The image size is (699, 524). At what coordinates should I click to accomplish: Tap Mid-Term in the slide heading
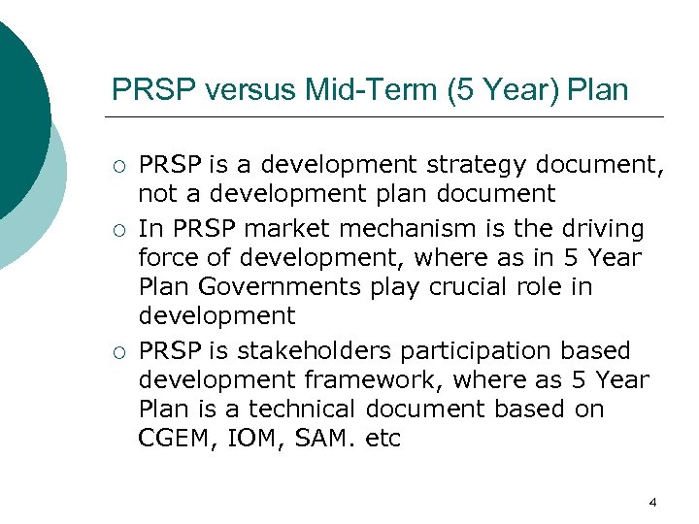click(x=337, y=90)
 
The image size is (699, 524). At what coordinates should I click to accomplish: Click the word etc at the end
click(x=383, y=439)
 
